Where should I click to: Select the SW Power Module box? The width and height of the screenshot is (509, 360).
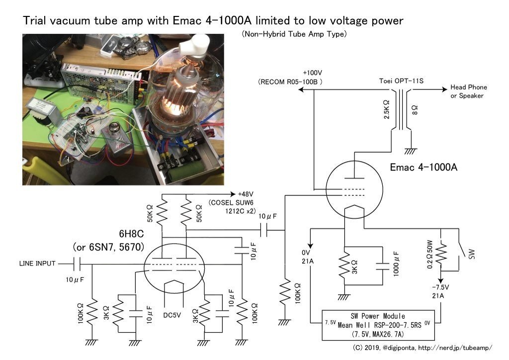382,325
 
